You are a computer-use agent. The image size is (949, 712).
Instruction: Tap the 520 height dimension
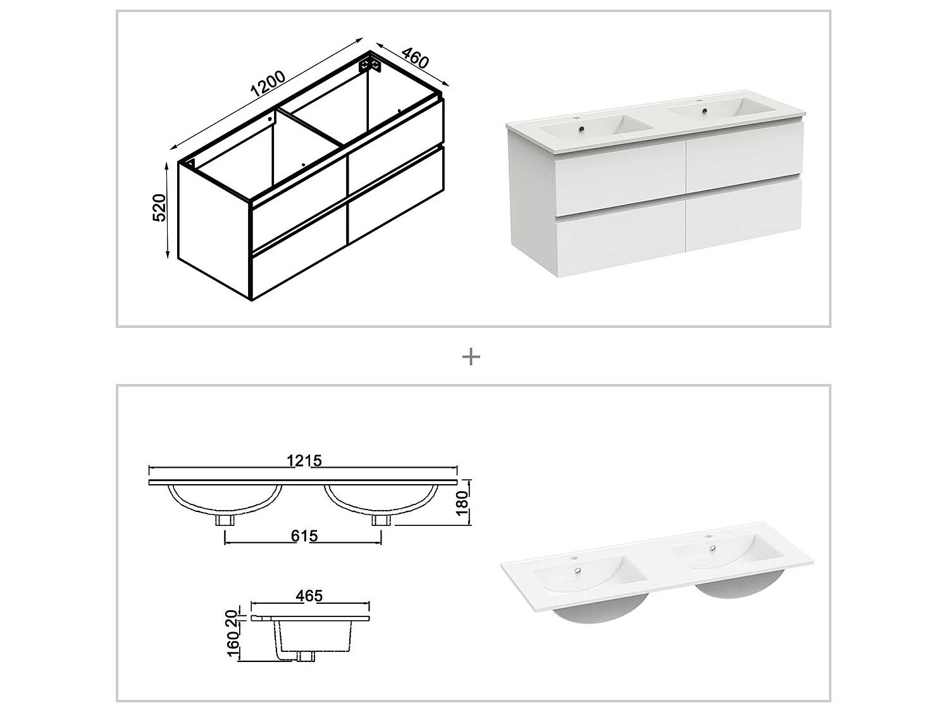tap(159, 208)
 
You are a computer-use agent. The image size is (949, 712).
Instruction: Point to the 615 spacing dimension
tap(304, 536)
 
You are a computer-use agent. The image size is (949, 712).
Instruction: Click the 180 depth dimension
tap(463, 503)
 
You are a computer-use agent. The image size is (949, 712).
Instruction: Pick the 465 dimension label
tap(309, 596)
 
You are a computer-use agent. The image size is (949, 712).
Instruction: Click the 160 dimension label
tap(233, 645)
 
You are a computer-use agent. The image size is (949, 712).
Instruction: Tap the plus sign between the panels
tap(471, 357)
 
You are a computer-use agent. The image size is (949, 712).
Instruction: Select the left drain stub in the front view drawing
tap(225, 520)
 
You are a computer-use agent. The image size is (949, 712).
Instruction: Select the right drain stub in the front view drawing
tap(381, 520)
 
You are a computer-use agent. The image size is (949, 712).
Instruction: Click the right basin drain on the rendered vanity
tap(704, 112)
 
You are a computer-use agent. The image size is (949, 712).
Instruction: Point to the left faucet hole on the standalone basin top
tap(575, 559)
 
